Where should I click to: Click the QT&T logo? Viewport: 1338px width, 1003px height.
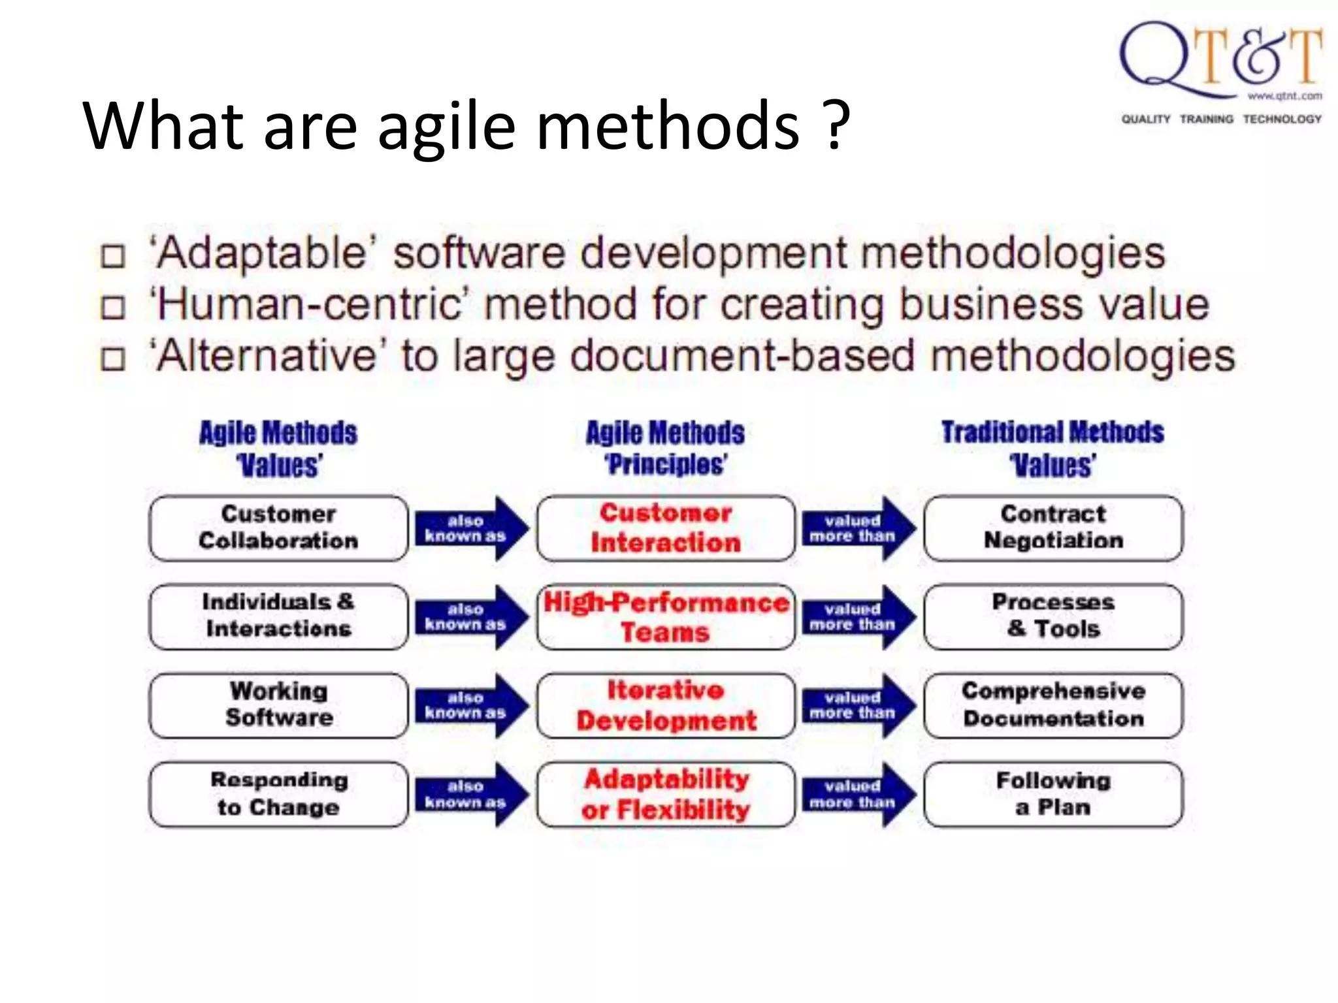[1220, 72]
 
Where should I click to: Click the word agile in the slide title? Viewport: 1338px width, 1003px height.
[446, 126]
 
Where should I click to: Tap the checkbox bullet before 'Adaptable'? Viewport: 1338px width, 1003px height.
[113, 256]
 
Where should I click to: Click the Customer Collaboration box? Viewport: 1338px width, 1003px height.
[279, 528]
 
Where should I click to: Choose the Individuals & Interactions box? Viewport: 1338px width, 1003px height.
[279, 616]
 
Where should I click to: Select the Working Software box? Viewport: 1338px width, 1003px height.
[279, 705]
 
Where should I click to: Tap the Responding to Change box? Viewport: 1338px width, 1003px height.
[279, 793]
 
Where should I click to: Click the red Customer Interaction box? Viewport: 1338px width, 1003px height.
[666, 528]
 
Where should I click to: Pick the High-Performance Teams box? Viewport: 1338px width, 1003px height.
[666, 616]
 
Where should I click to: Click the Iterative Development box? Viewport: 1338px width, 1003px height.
[666, 705]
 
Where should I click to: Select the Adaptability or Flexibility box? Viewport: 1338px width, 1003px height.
[666, 793]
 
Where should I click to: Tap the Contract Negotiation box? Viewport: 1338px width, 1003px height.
[1053, 528]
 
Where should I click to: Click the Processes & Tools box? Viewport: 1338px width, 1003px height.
[1053, 616]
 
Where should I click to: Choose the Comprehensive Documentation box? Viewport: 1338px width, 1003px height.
[1053, 705]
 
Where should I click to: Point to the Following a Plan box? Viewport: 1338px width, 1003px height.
[1053, 793]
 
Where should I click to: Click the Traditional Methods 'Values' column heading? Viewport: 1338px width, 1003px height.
[1052, 449]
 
